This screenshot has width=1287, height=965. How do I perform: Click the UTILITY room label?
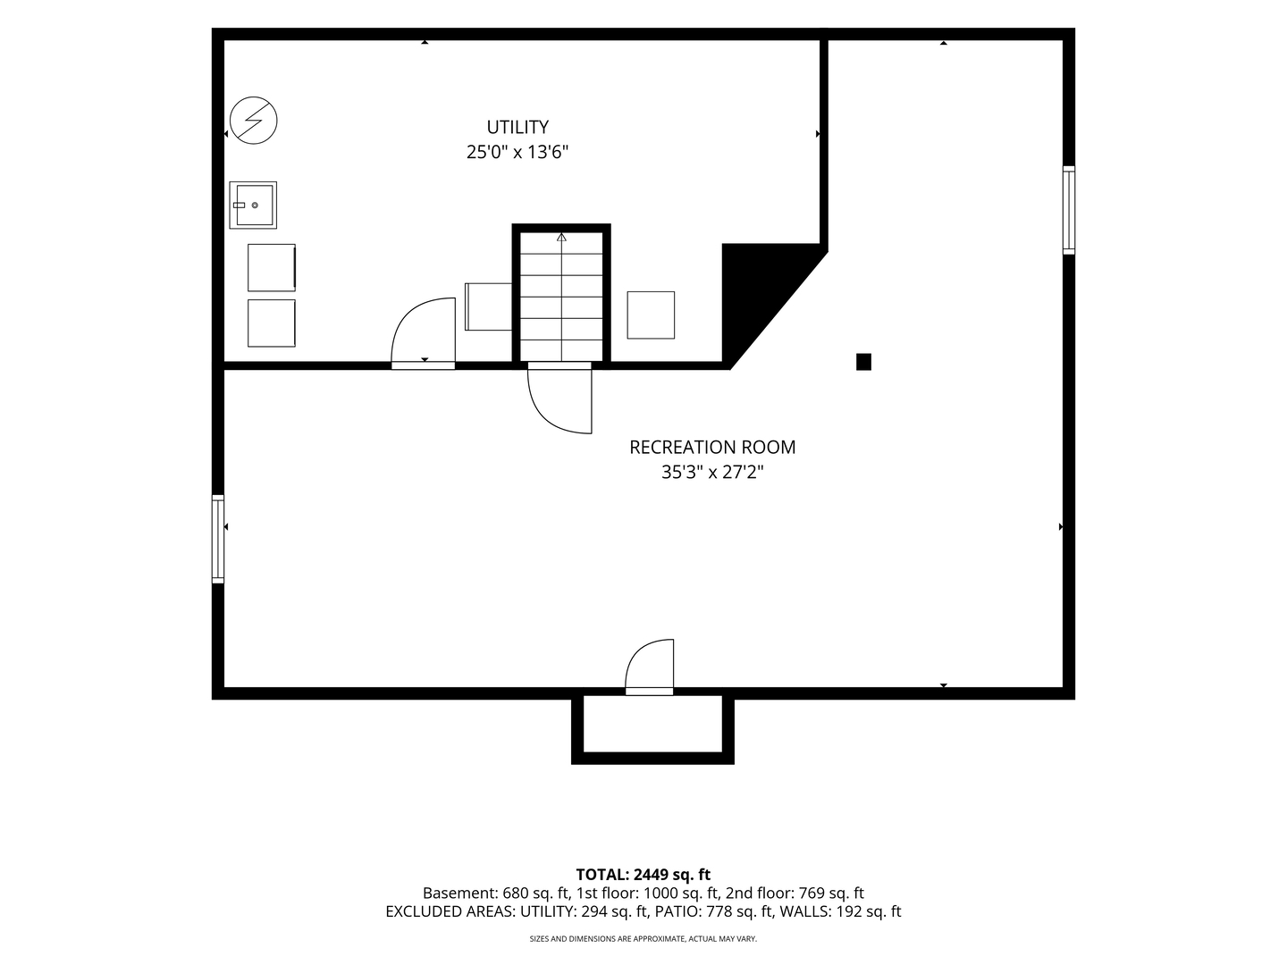(x=517, y=127)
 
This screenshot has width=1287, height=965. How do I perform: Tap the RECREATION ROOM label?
(x=712, y=447)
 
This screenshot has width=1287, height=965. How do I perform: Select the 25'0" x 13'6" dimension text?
(x=517, y=152)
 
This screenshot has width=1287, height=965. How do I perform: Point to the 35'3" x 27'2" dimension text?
(x=712, y=473)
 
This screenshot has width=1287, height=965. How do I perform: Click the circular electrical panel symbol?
(x=253, y=120)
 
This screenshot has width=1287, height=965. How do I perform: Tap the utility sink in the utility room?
(x=253, y=206)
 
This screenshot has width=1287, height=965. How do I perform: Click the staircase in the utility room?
(x=561, y=297)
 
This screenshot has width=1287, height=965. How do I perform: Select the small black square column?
(x=863, y=362)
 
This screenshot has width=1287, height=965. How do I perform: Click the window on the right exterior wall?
(x=1069, y=210)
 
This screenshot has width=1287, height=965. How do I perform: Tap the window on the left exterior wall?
(x=217, y=539)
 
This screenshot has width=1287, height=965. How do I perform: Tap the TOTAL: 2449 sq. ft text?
(x=643, y=875)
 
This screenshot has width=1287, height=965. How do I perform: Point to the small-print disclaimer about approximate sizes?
(x=643, y=939)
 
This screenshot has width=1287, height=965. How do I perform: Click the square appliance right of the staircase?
(x=651, y=315)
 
